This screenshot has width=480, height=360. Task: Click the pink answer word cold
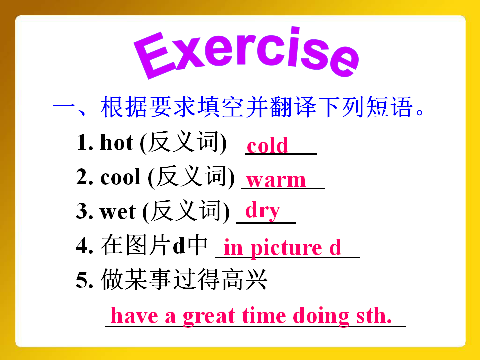(268, 145)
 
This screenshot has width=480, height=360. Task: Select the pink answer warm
(276, 180)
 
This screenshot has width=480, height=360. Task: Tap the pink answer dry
(263, 211)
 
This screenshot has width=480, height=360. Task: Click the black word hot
(117, 142)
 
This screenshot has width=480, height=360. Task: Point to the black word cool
(120, 177)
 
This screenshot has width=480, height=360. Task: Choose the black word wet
(118, 212)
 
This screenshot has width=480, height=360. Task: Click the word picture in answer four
(287, 248)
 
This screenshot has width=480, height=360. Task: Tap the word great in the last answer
(209, 316)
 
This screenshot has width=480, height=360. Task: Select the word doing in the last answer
(321, 316)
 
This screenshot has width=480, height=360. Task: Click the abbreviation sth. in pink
(374, 315)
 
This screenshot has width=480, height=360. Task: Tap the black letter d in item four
(179, 245)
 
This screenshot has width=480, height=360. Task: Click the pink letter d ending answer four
(335, 247)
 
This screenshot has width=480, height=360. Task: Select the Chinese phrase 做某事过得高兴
(184, 279)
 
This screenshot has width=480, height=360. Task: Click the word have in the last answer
(134, 315)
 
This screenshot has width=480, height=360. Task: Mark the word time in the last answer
(264, 316)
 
